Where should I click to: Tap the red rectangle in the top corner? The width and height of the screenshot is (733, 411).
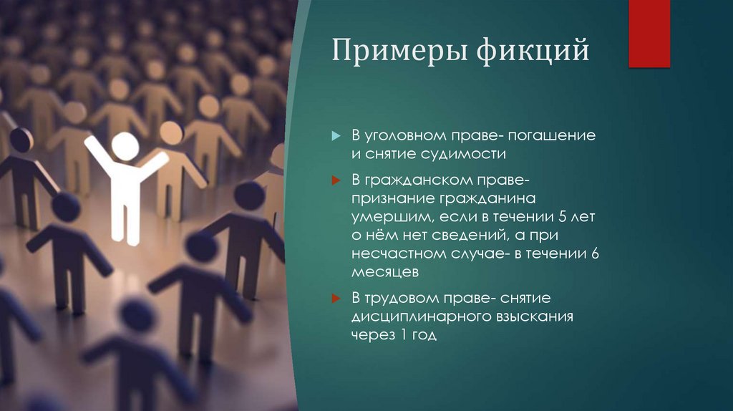649,34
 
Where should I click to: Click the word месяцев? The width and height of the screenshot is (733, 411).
384,273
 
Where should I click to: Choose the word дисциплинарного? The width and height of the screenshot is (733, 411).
416,316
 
